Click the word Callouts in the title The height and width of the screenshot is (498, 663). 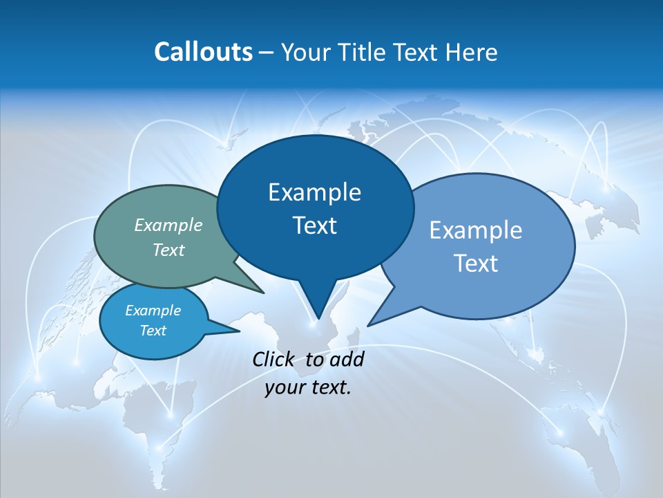203,52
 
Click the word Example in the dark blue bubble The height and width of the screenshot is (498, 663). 314,192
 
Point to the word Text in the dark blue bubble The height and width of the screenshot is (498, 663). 314,225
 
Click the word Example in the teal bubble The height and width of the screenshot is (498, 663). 169,225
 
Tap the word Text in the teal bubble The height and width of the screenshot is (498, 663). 169,250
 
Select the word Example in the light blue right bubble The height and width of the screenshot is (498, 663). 476,230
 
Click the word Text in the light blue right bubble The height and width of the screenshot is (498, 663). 476,264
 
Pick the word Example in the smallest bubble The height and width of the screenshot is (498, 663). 153,311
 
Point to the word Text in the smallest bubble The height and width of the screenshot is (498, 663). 153,331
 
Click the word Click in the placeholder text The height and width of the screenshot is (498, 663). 274,359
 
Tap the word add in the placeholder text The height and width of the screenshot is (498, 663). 347,359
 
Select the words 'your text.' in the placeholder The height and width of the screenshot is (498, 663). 308,387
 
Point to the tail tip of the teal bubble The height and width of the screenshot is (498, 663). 262,292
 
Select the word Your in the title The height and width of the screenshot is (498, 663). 305,52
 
